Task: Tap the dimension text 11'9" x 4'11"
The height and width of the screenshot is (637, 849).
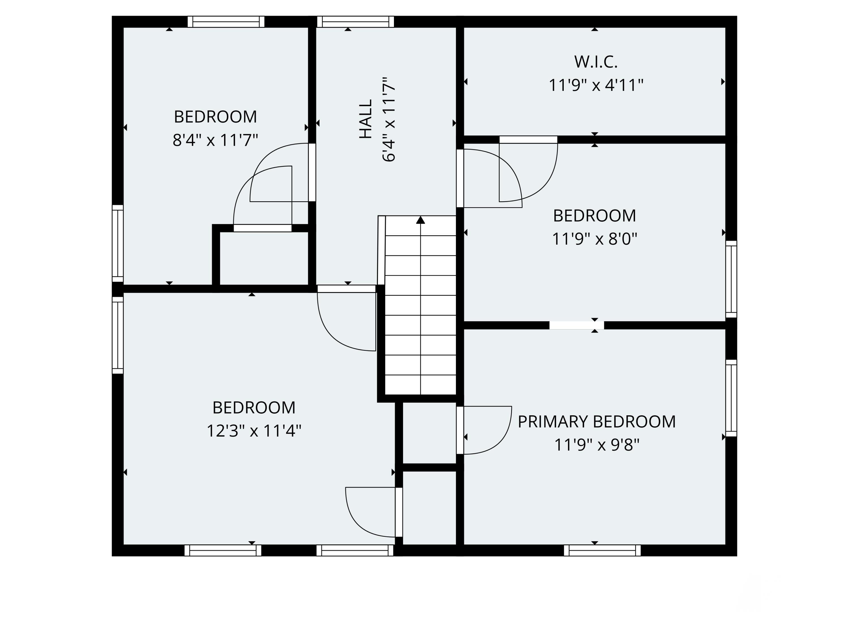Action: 596,85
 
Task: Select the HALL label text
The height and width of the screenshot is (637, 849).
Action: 366,119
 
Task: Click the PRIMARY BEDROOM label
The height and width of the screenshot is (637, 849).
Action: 597,422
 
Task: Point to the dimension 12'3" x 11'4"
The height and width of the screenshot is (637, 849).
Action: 254,431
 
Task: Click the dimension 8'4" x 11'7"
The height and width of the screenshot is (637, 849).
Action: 215,140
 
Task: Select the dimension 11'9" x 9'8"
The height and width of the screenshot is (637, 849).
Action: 597,445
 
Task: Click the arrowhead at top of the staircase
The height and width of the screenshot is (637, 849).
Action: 421,220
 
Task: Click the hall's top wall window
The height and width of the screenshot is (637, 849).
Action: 355,22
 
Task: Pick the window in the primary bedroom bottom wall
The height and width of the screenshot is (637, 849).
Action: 602,550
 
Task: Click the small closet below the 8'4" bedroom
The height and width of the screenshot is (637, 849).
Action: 264,258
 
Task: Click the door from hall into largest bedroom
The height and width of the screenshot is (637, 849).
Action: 346,289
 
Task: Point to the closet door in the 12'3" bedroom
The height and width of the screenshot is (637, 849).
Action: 399,512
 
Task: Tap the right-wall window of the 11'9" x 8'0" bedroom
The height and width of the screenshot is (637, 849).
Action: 731,279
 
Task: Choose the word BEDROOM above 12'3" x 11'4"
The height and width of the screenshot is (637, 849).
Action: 254,407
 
